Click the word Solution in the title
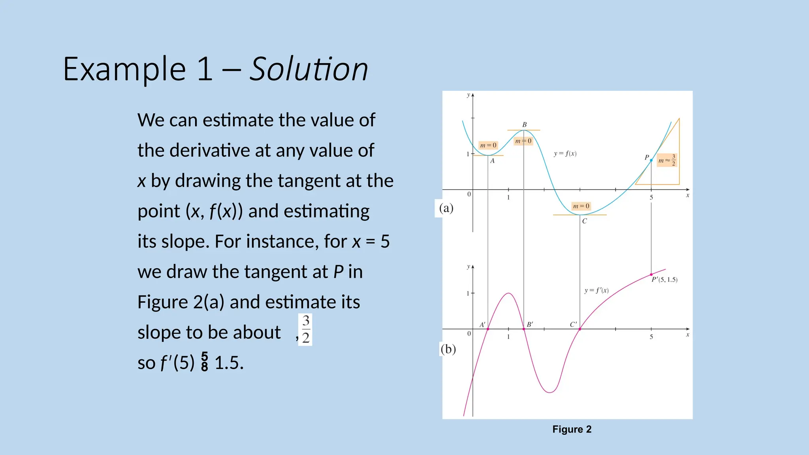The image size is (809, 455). (309, 70)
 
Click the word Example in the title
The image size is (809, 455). (124, 70)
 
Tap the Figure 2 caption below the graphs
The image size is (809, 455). (572, 429)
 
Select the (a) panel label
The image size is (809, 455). (446, 208)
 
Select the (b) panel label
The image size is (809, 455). (448, 349)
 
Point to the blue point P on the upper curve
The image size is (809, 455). (651, 160)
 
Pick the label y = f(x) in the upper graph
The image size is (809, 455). (565, 154)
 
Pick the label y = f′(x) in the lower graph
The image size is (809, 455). (596, 291)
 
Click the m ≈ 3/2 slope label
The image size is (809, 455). (667, 160)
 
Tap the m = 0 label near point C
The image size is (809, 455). (581, 206)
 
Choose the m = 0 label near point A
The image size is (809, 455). (488, 145)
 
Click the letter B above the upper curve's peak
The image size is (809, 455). (525, 125)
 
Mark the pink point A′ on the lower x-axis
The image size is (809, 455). (488, 329)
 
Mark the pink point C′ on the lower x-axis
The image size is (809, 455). (580, 329)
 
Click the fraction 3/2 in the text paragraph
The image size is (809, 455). (305, 329)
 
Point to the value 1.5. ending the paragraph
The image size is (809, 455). (229, 363)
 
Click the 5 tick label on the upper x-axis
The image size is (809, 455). (651, 197)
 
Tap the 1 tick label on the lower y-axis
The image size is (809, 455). (468, 293)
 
